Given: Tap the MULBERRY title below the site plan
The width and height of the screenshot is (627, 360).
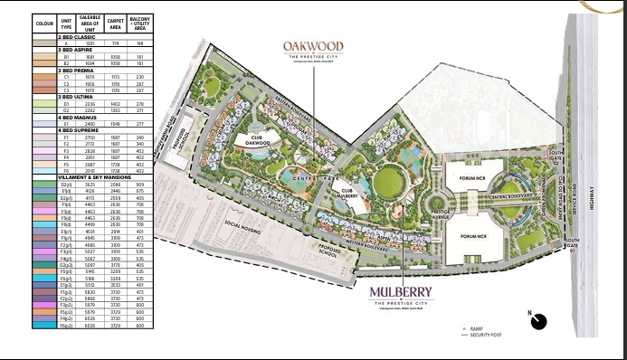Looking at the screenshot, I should (401, 293).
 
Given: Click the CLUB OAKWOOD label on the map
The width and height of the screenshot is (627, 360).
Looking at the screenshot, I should (257, 138).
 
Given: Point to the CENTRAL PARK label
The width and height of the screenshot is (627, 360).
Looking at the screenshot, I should (306, 192).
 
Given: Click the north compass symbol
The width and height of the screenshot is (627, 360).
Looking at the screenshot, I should (540, 319).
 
